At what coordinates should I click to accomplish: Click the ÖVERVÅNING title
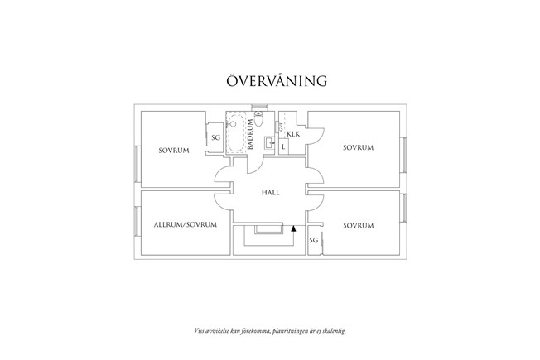point(277,81)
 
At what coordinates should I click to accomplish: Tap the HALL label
point(270,192)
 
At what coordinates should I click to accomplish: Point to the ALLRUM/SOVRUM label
point(186,225)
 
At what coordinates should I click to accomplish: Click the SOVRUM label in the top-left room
point(175,151)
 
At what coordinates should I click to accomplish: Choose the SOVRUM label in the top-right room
point(359,147)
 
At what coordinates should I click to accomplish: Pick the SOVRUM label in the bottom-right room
point(359,225)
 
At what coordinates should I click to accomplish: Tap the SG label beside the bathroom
point(215,137)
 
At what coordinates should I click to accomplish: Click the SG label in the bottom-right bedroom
point(314,240)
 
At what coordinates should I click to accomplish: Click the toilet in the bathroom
point(258,122)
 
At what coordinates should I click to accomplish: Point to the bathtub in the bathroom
point(235,133)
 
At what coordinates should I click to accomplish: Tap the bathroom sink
point(268,143)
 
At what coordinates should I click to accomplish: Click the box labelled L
point(283,146)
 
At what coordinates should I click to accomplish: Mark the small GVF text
point(281,129)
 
